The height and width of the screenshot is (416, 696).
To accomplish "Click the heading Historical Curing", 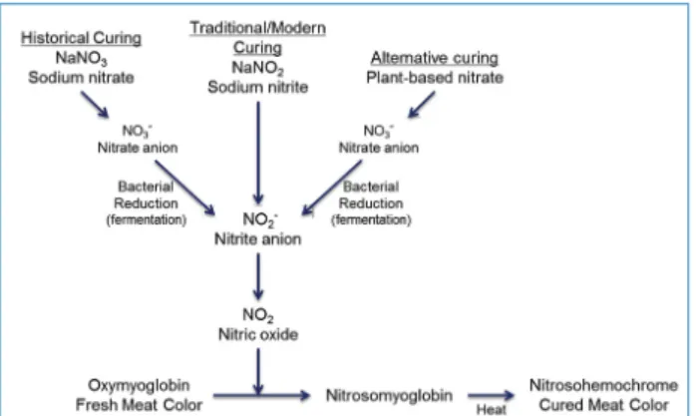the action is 81,38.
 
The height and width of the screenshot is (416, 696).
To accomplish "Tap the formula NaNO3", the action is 81,58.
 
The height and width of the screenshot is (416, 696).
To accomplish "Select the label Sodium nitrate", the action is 81,78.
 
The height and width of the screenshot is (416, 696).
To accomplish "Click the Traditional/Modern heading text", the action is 258,28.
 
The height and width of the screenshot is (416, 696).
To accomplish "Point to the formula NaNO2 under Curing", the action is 258,68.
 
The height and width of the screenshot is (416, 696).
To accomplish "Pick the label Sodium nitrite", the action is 258,87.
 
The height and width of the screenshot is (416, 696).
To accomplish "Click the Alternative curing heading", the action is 435,58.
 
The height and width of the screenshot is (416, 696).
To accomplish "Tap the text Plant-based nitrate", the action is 435,78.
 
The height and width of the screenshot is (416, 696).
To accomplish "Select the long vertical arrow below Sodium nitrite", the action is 258,154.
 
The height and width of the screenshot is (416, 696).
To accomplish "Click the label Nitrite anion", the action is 258,239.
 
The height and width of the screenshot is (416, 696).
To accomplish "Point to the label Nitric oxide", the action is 258,334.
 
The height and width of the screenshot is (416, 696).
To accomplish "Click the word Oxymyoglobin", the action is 139,385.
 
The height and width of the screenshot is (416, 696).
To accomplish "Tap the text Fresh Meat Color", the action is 139,405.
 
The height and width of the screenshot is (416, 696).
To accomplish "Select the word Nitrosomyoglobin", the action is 389,395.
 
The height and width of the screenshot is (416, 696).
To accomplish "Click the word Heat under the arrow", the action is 492,409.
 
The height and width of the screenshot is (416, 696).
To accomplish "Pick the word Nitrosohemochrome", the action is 603,385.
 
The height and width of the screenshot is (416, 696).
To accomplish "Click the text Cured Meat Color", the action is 603,405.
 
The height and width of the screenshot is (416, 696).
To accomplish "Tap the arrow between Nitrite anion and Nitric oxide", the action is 258,276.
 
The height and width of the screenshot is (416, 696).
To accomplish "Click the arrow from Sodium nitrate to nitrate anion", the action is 95,105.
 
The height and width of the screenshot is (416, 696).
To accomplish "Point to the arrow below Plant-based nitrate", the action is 421,105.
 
